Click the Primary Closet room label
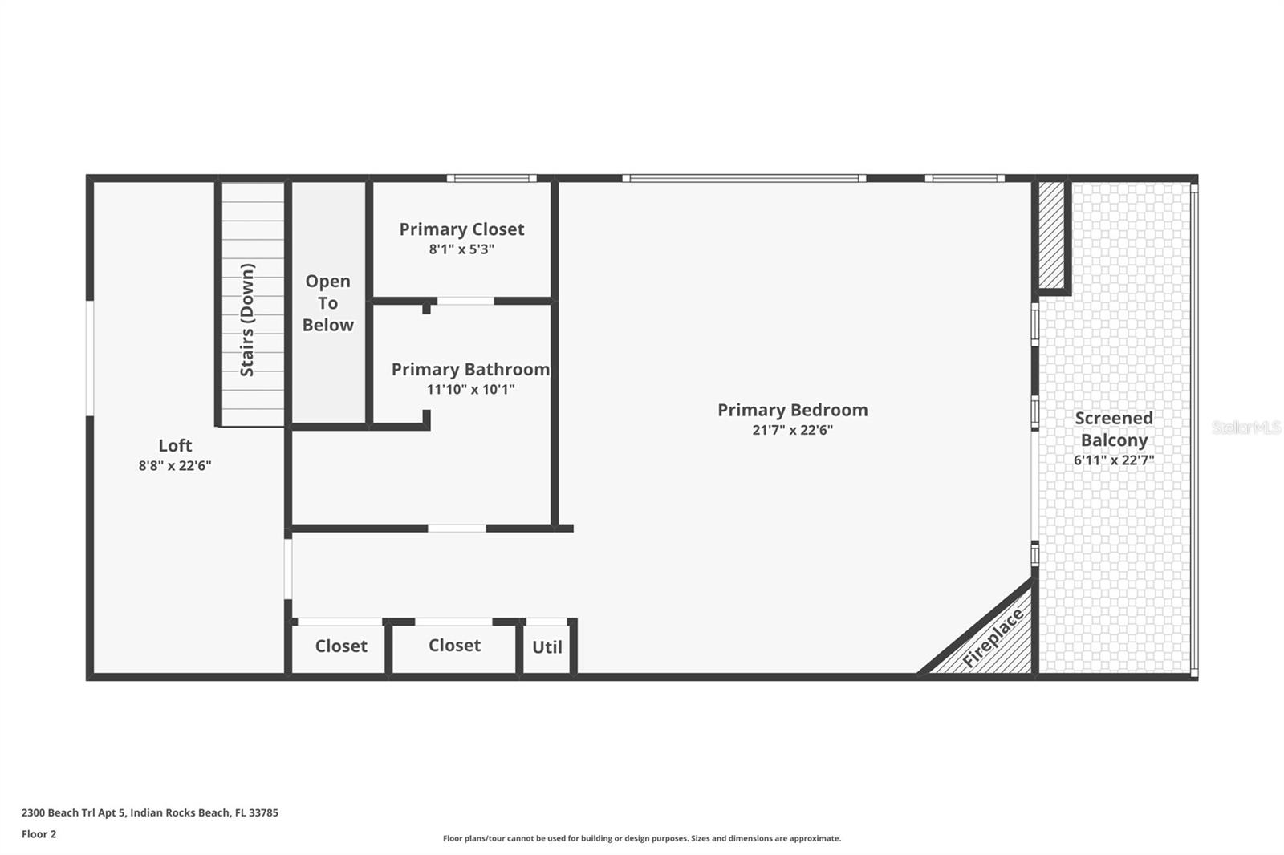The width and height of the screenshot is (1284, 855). coord(461,229)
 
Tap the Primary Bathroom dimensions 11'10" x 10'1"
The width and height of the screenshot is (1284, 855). coord(470,390)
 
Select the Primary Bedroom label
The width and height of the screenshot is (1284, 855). coord(793,411)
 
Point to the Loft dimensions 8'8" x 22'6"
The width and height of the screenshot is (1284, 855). coord(175,465)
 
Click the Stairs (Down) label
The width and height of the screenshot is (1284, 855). coord(247,320)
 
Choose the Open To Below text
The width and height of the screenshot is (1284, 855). coord(328,303)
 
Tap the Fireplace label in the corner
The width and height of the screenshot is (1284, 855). coord(993,638)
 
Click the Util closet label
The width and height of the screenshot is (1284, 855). coord(547,647)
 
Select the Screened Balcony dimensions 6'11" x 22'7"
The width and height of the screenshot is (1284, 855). coord(1114,460)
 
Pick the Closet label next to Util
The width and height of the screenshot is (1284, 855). coord(454,646)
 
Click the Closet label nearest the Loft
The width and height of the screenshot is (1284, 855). coord(341,646)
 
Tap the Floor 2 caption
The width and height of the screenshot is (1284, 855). coord(39,834)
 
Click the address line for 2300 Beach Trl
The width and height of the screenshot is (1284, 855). coord(149,812)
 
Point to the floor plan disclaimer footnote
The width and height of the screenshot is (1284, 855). coord(642,838)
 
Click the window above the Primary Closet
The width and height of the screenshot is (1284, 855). coord(492,178)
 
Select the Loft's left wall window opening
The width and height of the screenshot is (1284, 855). coord(90,359)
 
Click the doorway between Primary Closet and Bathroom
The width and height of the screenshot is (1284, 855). coord(465,301)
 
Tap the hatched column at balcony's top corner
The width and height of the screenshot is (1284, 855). coord(1051,236)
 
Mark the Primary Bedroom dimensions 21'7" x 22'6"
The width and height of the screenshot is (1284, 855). coord(793,431)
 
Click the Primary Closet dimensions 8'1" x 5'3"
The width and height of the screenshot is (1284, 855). coord(461,249)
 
